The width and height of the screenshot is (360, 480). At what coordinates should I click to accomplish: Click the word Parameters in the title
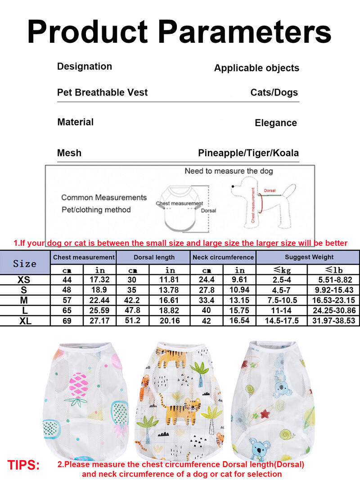tap(245, 32)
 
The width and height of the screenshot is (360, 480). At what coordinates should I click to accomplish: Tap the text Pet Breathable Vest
tap(102, 92)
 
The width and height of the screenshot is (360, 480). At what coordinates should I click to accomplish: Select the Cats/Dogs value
tap(274, 92)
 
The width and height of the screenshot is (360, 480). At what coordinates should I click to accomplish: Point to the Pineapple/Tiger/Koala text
tap(248, 153)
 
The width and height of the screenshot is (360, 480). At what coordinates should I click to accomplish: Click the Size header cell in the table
tap(25, 263)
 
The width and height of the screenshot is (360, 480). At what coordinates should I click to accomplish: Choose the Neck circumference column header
tap(223, 257)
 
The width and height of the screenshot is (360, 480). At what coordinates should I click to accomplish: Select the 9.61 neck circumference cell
tap(240, 280)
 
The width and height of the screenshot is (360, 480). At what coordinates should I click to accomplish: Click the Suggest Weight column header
tap(309, 257)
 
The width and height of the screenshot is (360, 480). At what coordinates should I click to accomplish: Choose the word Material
tap(75, 122)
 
